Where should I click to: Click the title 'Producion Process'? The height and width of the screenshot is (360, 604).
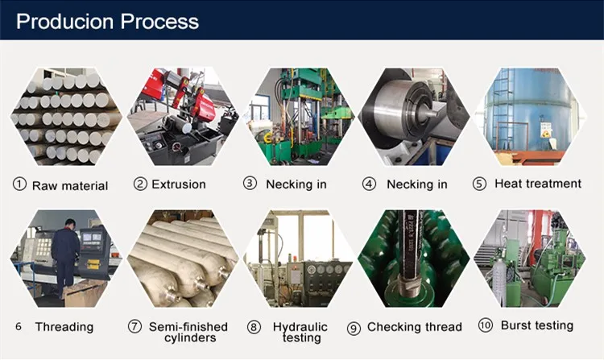point(107,21)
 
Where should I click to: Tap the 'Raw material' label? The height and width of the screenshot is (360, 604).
point(70,186)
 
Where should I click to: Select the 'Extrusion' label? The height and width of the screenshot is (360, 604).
point(178,184)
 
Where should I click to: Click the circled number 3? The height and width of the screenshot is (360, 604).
point(250,184)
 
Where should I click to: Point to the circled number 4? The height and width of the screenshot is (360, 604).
point(369,184)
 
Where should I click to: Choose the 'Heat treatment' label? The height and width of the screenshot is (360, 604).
point(538,184)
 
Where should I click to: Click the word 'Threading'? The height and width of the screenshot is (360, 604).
point(64,327)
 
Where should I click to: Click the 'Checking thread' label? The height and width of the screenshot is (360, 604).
point(414,327)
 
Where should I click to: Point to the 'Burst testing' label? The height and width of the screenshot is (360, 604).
point(537,325)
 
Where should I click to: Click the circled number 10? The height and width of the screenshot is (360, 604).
point(485,325)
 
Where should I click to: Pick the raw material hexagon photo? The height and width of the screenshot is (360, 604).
point(64,116)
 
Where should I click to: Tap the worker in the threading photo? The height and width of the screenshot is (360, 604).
point(65,250)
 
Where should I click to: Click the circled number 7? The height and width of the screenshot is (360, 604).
point(134,327)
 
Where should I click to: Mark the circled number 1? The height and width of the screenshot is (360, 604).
point(20,184)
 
